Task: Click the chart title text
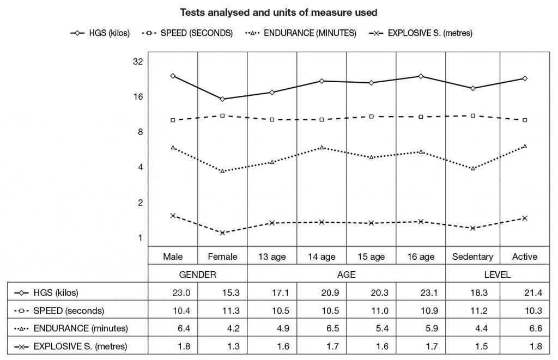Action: tap(278, 12)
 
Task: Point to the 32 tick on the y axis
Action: tap(137, 62)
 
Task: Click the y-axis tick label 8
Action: tap(139, 132)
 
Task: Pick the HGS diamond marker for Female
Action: tap(222, 99)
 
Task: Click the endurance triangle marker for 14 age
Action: tap(322, 148)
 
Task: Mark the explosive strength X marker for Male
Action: tap(173, 216)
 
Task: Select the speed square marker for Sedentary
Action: tap(472, 115)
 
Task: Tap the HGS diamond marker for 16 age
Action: tap(420, 76)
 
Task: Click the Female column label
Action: tap(222, 257)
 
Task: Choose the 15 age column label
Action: tap(371, 257)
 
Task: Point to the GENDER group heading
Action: tap(197, 275)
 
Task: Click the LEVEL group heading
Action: tap(497, 275)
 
